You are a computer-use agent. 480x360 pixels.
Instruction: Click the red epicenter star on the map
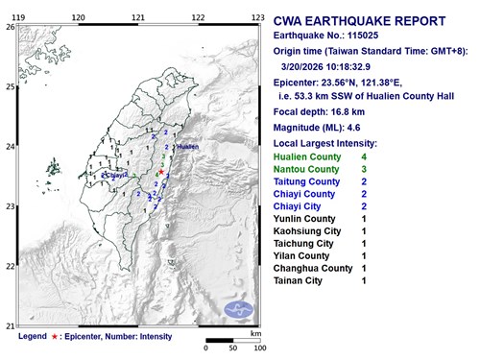click(162, 173)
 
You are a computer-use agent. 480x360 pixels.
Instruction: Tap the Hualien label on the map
click(187, 147)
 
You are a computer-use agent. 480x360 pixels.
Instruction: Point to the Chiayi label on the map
click(116, 176)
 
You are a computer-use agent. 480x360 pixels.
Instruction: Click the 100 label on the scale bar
click(256, 347)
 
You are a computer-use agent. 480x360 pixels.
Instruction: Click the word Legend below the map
click(32, 337)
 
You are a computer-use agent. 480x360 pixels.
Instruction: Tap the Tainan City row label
click(300, 281)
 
